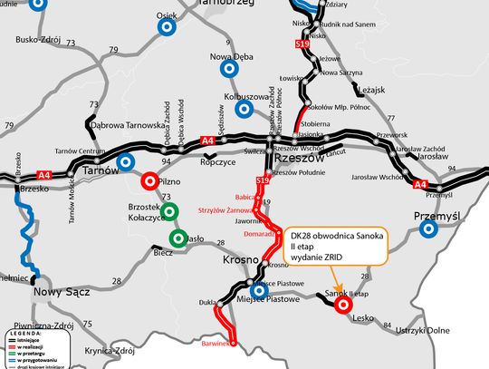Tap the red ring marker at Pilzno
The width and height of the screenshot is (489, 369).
[149, 180]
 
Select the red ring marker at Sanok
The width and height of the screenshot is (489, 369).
[343, 306]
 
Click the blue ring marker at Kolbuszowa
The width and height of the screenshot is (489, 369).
[244, 109]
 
